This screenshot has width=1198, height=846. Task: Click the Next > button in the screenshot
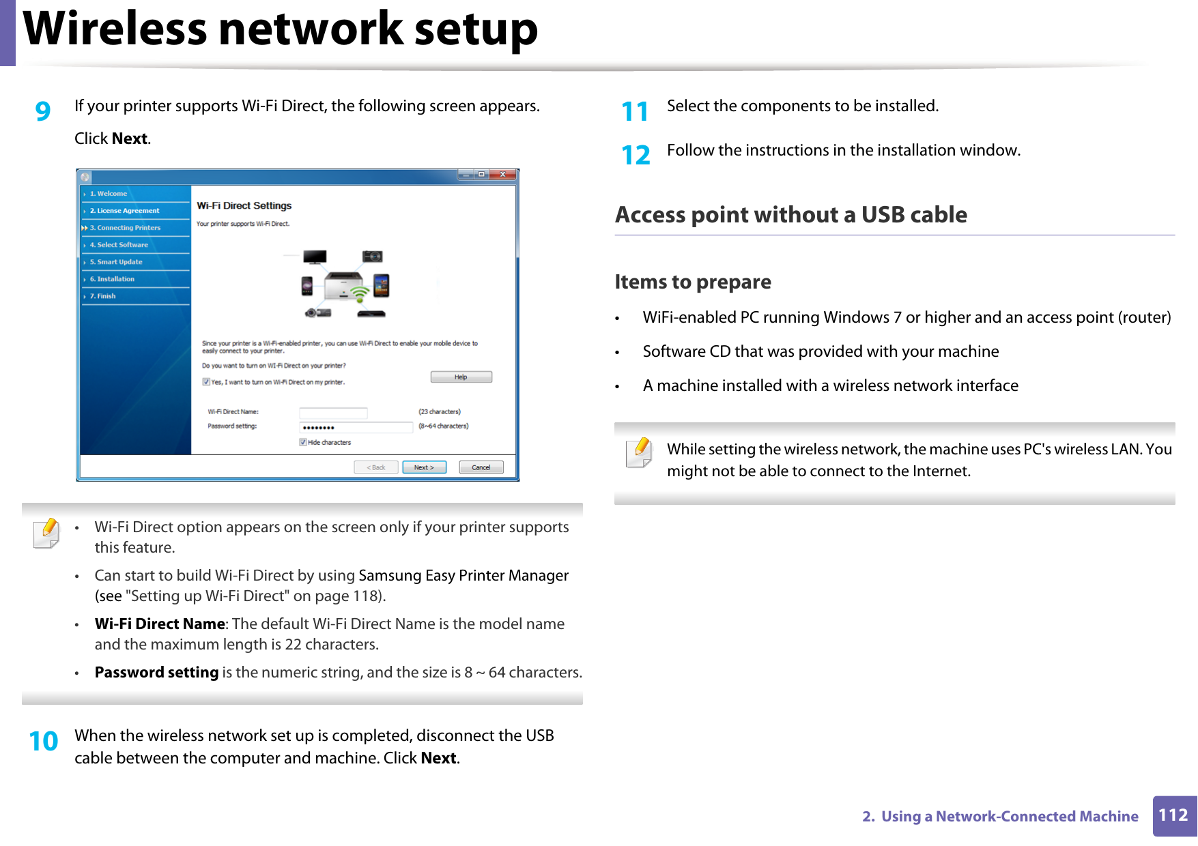tap(424, 467)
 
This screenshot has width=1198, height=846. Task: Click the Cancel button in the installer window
tap(481, 467)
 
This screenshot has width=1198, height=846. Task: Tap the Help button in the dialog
tap(461, 377)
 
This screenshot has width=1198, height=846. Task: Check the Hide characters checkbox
tap(303, 442)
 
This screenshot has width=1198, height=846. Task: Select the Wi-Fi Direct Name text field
tap(333, 413)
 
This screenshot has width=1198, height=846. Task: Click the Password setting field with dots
tap(356, 427)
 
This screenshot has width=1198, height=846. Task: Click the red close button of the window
tap(502, 175)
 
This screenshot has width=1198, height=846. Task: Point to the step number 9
tap(43, 111)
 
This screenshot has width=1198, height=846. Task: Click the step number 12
tap(636, 156)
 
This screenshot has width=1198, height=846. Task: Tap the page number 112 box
tap(1173, 815)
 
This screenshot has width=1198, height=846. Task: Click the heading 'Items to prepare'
tap(692, 282)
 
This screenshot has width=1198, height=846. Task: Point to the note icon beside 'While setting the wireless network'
tap(640, 453)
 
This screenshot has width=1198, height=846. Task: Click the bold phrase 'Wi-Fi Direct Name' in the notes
tap(160, 624)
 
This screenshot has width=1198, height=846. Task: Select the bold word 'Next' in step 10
tap(438, 758)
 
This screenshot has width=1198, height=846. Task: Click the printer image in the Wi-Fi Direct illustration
tap(343, 286)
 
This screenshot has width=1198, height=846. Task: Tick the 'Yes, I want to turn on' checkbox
tap(206, 381)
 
